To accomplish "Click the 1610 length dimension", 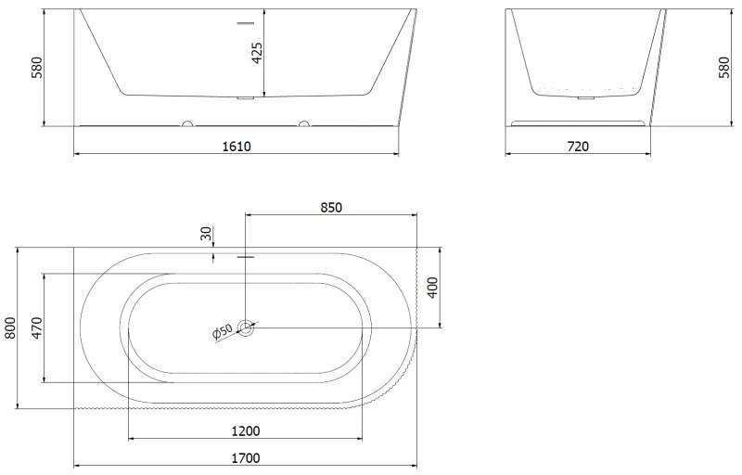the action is pyautogui.click(x=237, y=147).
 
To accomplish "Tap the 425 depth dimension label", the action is pyautogui.click(x=257, y=53).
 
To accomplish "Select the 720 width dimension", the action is pyautogui.click(x=578, y=147).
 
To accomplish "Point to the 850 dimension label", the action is pyautogui.click(x=331, y=208).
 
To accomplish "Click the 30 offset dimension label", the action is pyautogui.click(x=206, y=233).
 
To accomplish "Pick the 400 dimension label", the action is pyautogui.click(x=432, y=288).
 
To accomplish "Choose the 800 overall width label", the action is pyautogui.click(x=10, y=327).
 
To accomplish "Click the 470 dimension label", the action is pyautogui.click(x=36, y=327).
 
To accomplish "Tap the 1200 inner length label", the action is pyautogui.click(x=246, y=431).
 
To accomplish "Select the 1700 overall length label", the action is pyautogui.click(x=246, y=458).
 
